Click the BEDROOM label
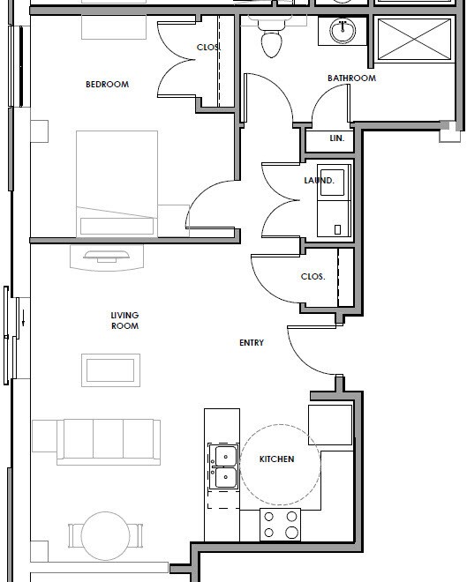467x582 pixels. coord(107,85)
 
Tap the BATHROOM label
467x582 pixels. coord(351,78)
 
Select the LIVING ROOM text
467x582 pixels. coord(124,321)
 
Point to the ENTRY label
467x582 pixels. coord(252,343)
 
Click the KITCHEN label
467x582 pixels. coord(276,459)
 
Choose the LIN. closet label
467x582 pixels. coord(336,138)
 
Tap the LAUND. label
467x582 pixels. coord(319,181)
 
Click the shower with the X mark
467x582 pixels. coord(411,41)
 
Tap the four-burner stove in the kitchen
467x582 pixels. coord(280,525)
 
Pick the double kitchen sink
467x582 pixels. coord(222,466)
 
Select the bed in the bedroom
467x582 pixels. coord(117,183)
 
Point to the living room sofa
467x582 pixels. coord(96,440)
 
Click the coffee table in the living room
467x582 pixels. coord(110,369)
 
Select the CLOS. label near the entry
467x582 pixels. coord(313,276)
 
